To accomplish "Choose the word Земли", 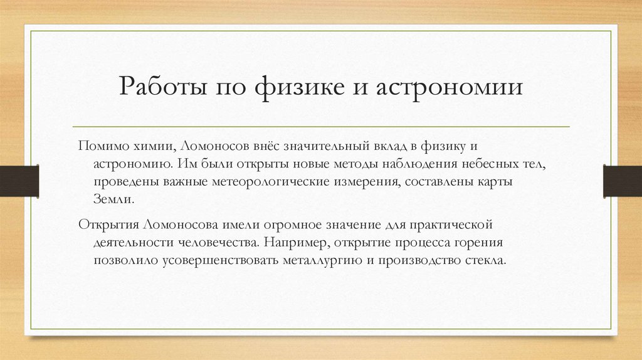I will [113, 199].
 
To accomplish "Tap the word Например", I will [294, 242].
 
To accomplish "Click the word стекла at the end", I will [486, 260].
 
